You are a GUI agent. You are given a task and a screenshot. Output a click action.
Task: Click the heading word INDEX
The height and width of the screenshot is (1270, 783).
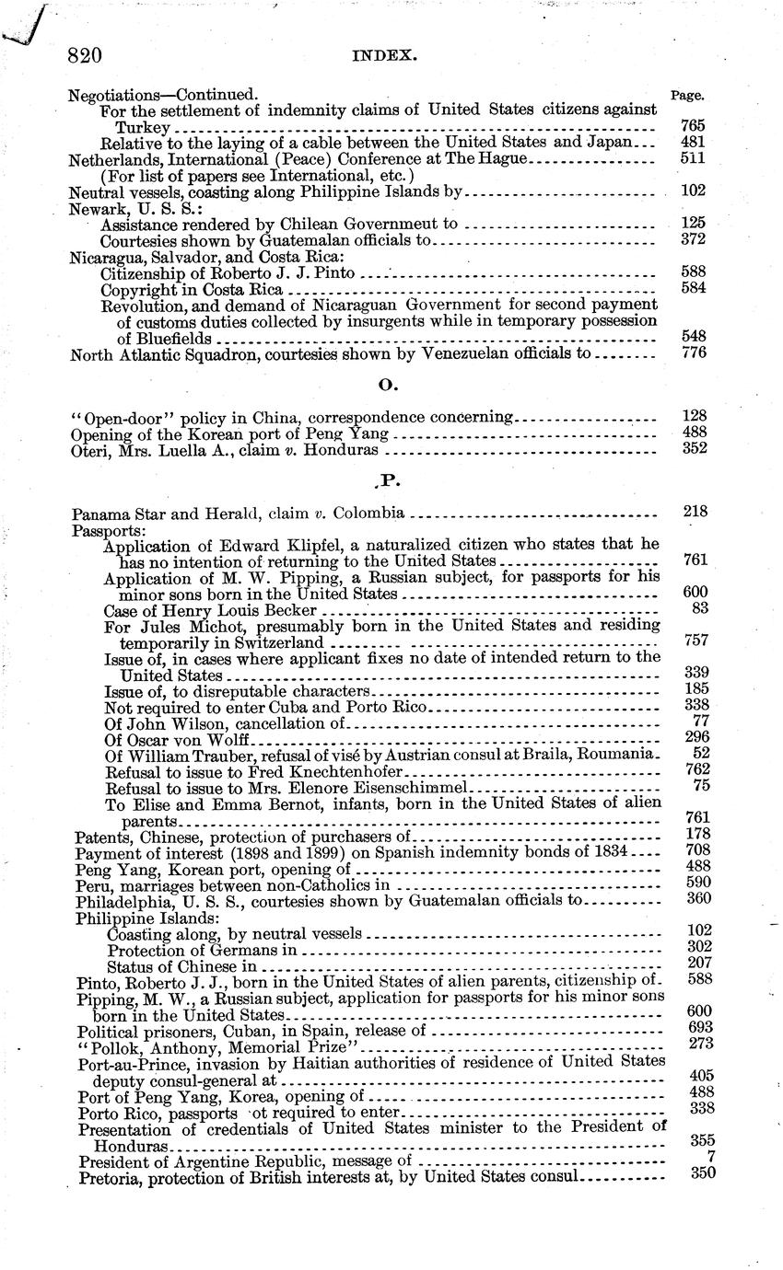[x=385, y=56]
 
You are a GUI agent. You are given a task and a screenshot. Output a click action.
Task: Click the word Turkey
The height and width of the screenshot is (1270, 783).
[x=143, y=126]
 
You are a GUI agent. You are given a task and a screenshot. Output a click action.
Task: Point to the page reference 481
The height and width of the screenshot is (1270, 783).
[x=692, y=142]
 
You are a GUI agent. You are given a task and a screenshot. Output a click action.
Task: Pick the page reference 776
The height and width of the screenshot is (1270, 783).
[x=692, y=354]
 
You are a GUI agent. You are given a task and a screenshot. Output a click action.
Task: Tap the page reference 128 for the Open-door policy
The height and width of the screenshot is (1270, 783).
[x=692, y=415]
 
